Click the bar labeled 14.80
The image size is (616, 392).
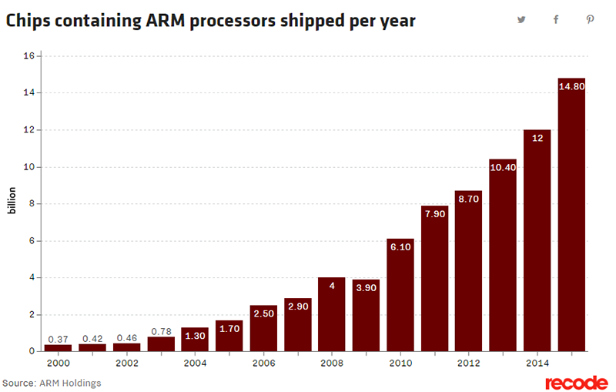(x=572, y=216)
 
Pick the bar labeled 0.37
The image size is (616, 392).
(x=59, y=347)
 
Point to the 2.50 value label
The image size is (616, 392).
(x=263, y=314)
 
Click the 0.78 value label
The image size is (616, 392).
(x=161, y=331)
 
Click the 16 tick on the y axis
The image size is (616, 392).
(x=28, y=56)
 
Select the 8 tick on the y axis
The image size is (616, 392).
(x=32, y=204)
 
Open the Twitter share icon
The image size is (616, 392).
(x=521, y=20)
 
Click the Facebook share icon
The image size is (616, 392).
(x=556, y=20)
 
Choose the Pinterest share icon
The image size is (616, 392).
(x=590, y=20)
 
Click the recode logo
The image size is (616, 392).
(x=576, y=383)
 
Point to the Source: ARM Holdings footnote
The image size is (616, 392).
(x=52, y=383)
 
